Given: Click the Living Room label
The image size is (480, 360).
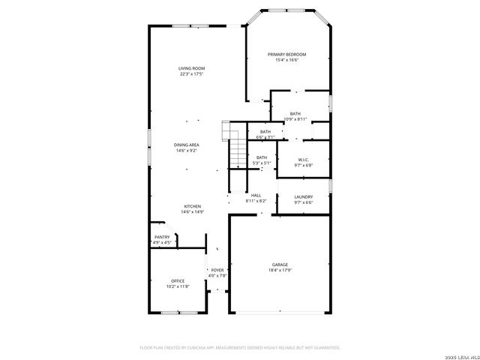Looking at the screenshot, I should [x=192, y=68].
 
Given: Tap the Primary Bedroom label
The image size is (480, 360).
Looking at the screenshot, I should [x=287, y=55].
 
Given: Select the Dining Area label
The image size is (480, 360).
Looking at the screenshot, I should [x=187, y=145].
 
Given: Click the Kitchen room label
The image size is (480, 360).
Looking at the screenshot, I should [x=193, y=206].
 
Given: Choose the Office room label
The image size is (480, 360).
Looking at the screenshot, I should [x=178, y=281].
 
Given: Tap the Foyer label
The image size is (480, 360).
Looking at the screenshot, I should [x=217, y=270].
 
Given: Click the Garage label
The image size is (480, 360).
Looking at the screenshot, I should [x=280, y=265].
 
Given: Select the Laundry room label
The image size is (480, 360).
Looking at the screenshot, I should [x=303, y=196].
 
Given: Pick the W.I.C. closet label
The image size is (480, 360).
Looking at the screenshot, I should [x=304, y=160].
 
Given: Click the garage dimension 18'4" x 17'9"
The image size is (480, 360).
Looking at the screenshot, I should [x=280, y=271].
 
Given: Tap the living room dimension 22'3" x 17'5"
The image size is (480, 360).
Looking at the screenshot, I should [x=192, y=74].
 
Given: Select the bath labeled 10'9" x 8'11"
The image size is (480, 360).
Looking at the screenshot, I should [x=295, y=116].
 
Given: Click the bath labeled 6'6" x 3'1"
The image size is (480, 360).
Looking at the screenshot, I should [x=265, y=134].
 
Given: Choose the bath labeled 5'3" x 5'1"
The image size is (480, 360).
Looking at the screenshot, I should [x=262, y=160].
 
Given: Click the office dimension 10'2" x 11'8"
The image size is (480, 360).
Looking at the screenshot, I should [x=178, y=286].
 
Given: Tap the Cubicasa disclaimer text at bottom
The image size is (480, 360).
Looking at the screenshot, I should [x=240, y=347].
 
